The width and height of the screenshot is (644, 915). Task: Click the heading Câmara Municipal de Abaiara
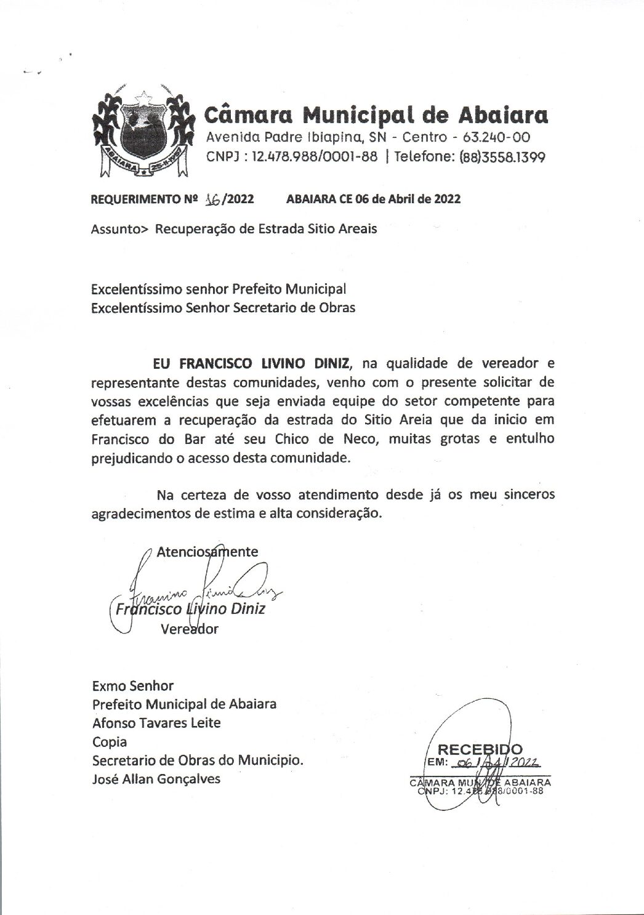375,115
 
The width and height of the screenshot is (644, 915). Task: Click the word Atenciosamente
207,551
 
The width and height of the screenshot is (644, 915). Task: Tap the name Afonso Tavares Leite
156,722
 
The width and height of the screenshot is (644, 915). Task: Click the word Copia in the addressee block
109,741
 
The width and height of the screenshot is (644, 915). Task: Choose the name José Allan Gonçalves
156,779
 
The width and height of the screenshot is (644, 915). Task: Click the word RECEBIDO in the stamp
480,749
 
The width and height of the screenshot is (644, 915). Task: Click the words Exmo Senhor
132,685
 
